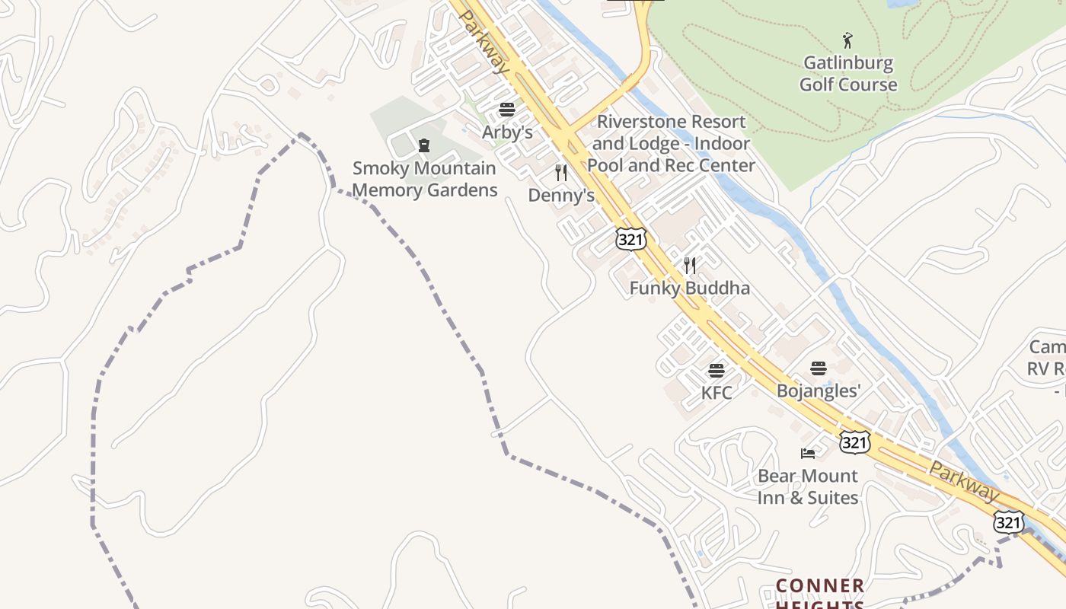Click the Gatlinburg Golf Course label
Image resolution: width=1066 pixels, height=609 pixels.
(x=847, y=74)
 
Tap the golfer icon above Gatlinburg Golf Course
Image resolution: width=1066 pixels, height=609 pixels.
(x=847, y=40)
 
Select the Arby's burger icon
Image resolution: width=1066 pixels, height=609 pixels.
(x=507, y=110)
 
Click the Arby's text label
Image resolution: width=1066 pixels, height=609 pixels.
(x=507, y=132)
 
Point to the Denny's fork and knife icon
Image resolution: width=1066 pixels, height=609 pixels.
(x=561, y=173)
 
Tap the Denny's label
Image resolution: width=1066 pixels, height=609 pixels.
(x=561, y=196)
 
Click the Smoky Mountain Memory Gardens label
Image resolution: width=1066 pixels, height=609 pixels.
(x=425, y=179)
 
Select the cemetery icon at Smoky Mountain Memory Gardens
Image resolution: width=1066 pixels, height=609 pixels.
(x=424, y=145)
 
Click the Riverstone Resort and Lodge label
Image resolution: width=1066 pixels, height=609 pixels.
(x=671, y=143)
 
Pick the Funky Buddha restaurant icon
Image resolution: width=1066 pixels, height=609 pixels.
(x=690, y=265)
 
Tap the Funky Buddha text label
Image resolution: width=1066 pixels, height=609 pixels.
(x=689, y=288)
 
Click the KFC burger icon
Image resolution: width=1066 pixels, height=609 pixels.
(x=717, y=371)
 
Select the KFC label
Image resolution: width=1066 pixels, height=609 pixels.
(x=717, y=393)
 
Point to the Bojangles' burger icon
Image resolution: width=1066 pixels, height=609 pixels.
(x=819, y=368)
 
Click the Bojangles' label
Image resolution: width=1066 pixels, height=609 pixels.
(x=819, y=391)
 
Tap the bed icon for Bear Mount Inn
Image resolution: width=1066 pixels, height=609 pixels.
(x=808, y=454)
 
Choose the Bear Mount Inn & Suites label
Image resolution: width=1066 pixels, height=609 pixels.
(x=807, y=486)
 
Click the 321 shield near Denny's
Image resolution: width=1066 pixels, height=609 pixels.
(x=631, y=239)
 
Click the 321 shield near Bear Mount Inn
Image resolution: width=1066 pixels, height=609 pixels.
(x=855, y=442)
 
